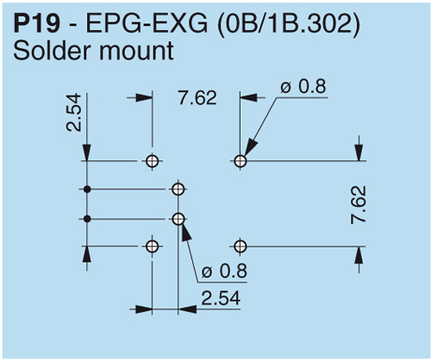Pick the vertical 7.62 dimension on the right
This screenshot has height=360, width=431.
point(359,205)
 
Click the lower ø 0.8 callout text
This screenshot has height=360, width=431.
point(222,271)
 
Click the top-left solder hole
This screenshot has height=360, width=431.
point(153,160)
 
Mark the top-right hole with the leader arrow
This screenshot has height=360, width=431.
point(240,160)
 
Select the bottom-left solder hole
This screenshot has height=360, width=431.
point(153,247)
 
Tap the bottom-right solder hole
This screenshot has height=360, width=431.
point(240,247)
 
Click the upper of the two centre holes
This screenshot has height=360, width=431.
point(178,189)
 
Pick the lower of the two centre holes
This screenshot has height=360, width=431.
point(178,219)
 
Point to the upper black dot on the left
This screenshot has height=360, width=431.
point(86,189)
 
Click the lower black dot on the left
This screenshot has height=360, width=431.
point(86,219)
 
